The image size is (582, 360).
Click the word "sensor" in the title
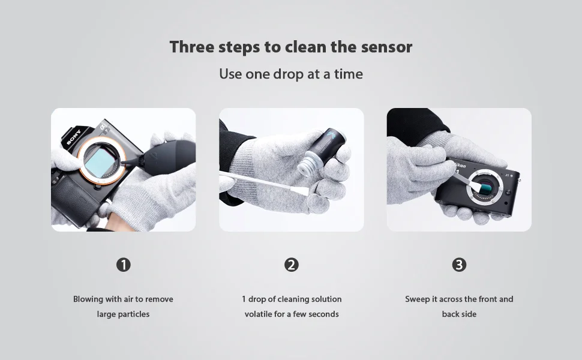pos(386,47)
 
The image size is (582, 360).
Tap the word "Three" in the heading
pos(192,47)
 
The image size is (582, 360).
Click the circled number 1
pos(124,265)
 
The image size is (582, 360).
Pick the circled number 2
pos(292,265)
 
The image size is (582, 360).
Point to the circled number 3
pos(459,265)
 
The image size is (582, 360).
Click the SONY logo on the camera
pos(73,137)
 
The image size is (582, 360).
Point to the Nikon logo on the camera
pos(460,165)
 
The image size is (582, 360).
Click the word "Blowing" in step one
pos(88,299)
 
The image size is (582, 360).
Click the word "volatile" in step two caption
pos(259,314)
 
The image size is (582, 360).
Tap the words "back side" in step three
pos(459,314)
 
